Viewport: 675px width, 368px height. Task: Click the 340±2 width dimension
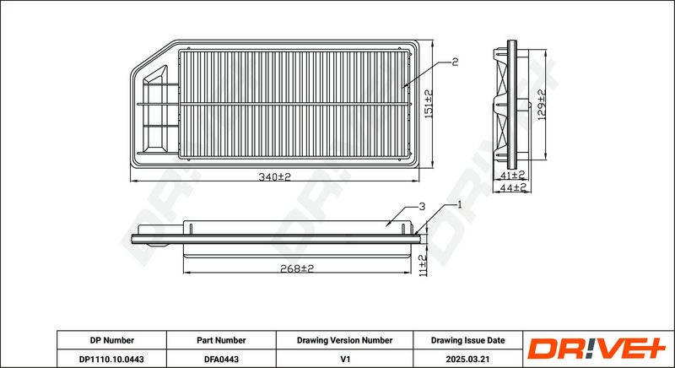[275, 177]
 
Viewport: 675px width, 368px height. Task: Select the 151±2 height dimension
[429, 104]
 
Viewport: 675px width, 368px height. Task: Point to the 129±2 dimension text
[542, 105]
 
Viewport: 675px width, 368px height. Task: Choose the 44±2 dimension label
[512, 187]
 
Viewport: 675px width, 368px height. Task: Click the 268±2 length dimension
[297, 268]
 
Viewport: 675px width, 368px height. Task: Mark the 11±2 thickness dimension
[423, 265]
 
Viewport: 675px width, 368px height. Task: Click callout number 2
[455, 62]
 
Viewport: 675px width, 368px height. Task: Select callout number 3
[422, 207]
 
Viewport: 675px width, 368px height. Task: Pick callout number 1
[459, 205]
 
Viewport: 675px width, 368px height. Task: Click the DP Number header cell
[112, 340]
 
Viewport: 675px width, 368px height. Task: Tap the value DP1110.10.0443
[111, 359]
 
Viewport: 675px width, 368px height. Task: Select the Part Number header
[221, 340]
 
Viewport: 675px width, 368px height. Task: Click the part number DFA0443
[221, 359]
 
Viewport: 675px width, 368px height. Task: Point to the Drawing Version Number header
[344, 340]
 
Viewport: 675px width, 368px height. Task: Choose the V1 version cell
[344, 359]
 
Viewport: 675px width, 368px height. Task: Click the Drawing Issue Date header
[468, 340]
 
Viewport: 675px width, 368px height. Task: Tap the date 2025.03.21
[468, 359]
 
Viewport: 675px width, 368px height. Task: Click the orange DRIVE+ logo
[597, 349]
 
